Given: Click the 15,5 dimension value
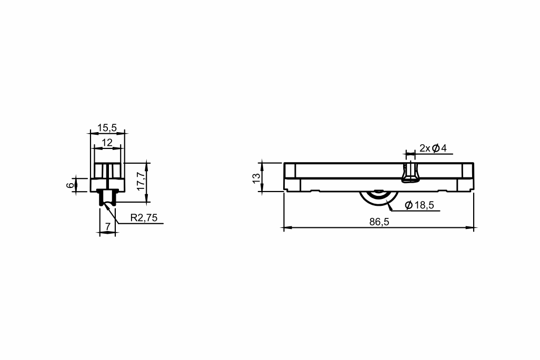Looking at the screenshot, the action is click(x=107, y=128).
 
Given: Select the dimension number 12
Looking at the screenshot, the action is click(x=107, y=142).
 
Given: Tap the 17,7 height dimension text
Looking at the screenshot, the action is click(x=141, y=181).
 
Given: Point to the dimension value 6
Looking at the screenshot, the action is click(x=70, y=185).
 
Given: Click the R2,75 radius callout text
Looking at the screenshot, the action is click(x=144, y=218).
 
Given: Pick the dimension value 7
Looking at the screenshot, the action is click(x=108, y=226).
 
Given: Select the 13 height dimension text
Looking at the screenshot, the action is click(x=256, y=178).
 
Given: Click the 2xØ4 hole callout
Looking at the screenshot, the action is click(x=433, y=148).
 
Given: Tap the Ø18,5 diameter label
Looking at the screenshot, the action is click(x=419, y=205).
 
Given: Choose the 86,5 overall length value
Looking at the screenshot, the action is click(x=379, y=222).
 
